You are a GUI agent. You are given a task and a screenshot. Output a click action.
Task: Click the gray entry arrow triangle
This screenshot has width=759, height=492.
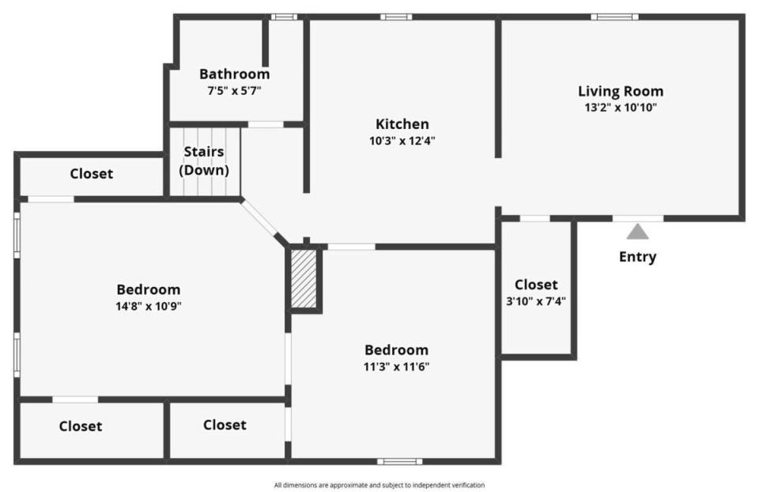(637, 232)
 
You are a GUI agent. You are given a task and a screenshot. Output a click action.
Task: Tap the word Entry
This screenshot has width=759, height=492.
(637, 256)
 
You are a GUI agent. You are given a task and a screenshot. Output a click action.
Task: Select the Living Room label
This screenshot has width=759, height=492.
(621, 91)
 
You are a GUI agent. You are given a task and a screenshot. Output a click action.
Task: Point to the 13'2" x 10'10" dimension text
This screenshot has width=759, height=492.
(621, 108)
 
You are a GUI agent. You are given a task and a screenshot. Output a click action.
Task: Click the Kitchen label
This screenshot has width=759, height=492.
(402, 124)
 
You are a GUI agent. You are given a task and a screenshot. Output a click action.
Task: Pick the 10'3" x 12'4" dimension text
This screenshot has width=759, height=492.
(402, 141)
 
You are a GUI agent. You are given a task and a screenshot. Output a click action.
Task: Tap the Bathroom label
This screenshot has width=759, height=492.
(234, 74)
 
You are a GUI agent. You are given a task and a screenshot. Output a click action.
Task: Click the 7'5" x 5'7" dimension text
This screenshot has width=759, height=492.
(234, 90)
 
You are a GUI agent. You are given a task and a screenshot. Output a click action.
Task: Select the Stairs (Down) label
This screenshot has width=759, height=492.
(204, 161)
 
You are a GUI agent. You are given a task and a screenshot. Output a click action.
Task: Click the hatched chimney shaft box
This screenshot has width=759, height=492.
(304, 278)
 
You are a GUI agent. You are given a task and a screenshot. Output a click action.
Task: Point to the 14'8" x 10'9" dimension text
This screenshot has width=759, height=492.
(149, 306)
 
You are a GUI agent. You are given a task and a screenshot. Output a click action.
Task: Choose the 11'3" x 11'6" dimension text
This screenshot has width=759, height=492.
(396, 366)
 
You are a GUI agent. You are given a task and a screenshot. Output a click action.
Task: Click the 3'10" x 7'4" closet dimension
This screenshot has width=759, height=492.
(536, 301)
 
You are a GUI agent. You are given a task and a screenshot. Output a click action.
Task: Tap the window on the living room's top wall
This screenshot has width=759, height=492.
(614, 17)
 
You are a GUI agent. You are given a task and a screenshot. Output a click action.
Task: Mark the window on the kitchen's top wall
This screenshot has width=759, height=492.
(396, 17)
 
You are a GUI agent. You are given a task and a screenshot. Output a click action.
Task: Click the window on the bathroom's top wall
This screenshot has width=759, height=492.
(284, 17)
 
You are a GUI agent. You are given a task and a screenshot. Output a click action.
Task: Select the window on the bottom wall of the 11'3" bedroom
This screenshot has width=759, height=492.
(399, 461)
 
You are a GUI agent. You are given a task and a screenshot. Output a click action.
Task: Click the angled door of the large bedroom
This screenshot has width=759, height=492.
(259, 218)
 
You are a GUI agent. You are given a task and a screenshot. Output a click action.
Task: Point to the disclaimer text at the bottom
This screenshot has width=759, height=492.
(379, 485)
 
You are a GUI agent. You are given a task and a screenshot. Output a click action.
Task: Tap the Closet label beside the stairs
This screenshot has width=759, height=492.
(92, 174)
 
